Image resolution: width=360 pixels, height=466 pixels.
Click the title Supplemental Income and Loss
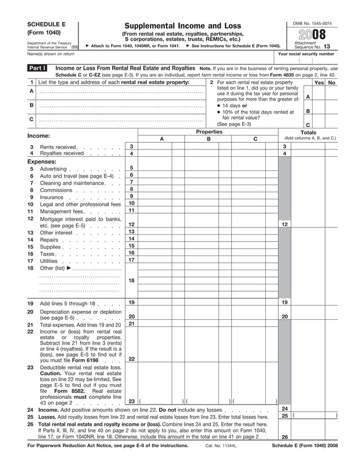pos(182,26)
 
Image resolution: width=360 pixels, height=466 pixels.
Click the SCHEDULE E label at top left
pos(47,25)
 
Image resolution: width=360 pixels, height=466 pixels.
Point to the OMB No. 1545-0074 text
pos(312,23)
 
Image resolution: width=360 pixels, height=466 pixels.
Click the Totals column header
pos(309,133)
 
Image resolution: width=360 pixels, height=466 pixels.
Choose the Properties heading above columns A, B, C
pos(209,132)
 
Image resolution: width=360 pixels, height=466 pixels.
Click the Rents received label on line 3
pos(58,147)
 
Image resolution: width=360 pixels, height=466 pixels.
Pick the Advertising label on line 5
pos(53,169)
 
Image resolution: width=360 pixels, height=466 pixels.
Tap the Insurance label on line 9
pos(52,197)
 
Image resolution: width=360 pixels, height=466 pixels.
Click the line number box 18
pos(131,280)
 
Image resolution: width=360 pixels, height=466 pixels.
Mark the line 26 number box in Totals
pos(285,436)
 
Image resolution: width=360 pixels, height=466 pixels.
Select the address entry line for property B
pos(121,105)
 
